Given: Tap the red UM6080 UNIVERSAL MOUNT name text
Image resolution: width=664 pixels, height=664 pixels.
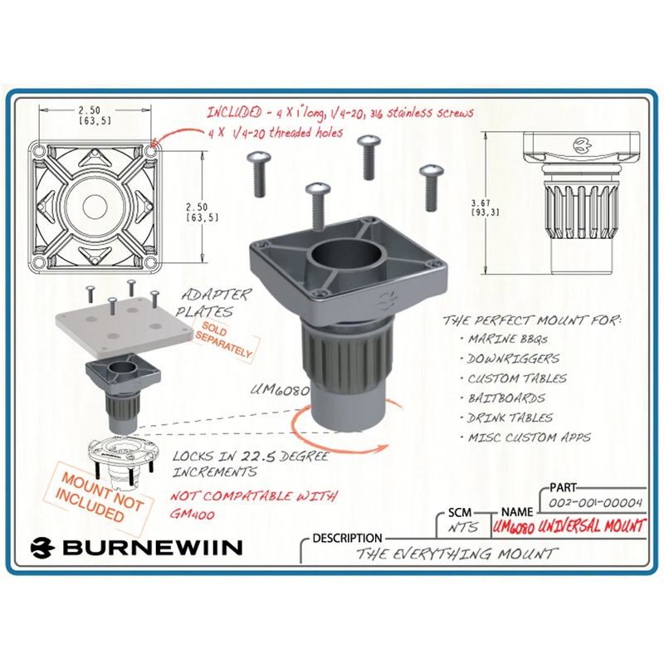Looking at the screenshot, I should click(x=568, y=526).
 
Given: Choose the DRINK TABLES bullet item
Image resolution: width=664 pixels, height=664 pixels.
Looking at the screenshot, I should click(x=511, y=417).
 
